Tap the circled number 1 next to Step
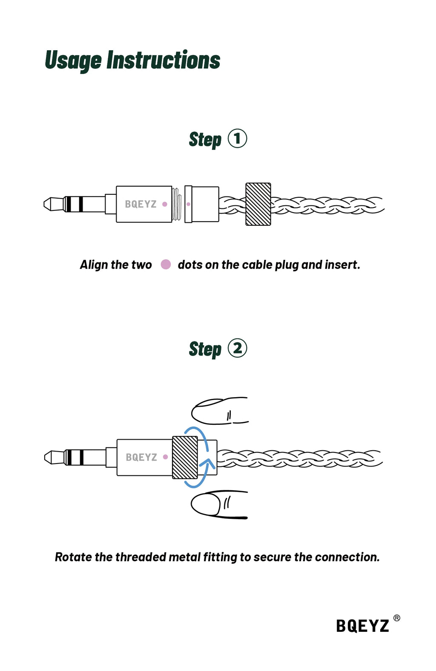[x=238, y=139]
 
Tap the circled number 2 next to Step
[x=238, y=348]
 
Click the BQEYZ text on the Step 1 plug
[x=141, y=204]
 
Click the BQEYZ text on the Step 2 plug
[x=141, y=457]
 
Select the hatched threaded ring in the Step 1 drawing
[x=258, y=204]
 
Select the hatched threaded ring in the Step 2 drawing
[x=185, y=458]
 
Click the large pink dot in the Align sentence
[x=166, y=264]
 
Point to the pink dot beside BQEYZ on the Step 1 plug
[x=165, y=204]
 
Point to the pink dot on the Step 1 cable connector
[x=188, y=204]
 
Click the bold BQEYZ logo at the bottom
[x=362, y=626]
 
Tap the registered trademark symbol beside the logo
[x=396, y=618]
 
